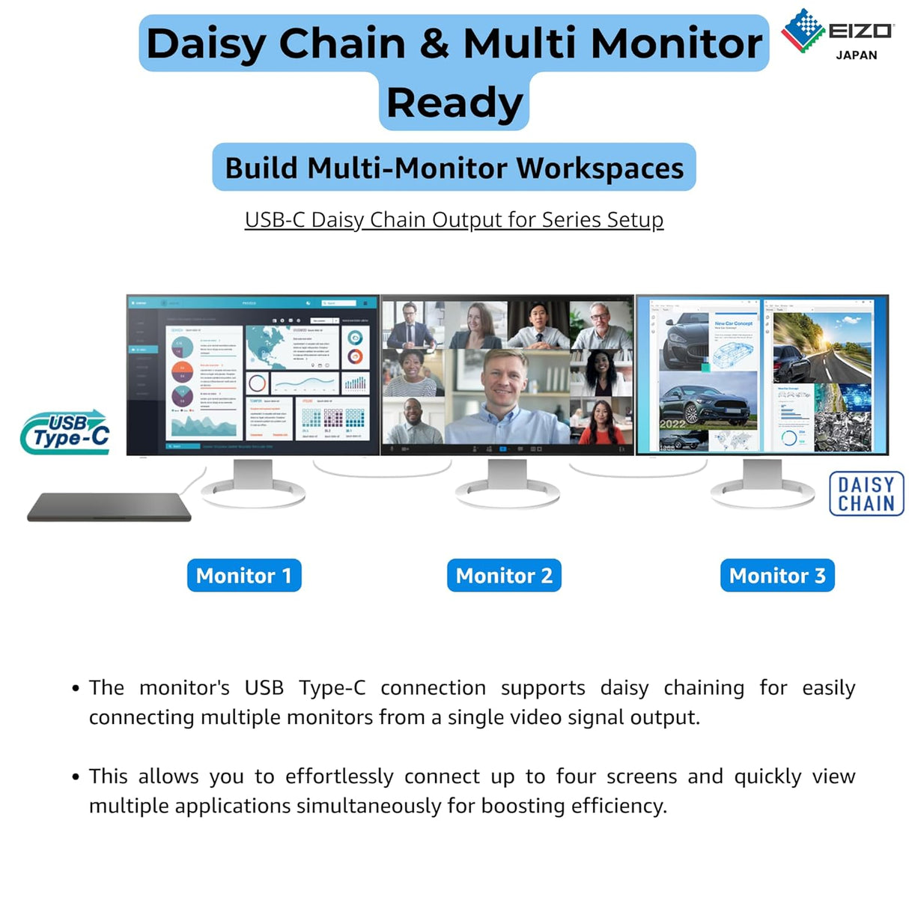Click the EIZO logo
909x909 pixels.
click(x=836, y=31)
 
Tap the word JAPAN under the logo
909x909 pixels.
click(x=856, y=55)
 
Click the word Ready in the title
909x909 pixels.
click(x=454, y=103)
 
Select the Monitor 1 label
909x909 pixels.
click(x=244, y=576)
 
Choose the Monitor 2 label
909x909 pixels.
click(x=504, y=576)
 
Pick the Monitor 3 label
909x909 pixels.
click(x=777, y=576)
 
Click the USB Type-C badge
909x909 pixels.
click(x=66, y=432)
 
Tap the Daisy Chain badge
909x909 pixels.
click(x=866, y=494)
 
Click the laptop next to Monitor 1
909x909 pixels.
click(x=109, y=507)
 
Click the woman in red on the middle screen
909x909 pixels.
click(x=601, y=424)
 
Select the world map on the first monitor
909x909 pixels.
click(x=269, y=345)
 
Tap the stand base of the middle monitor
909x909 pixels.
click(x=508, y=495)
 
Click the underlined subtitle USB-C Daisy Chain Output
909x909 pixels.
click(x=454, y=220)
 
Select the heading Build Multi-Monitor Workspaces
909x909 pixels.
click(x=454, y=168)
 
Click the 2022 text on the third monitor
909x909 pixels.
click(x=672, y=424)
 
